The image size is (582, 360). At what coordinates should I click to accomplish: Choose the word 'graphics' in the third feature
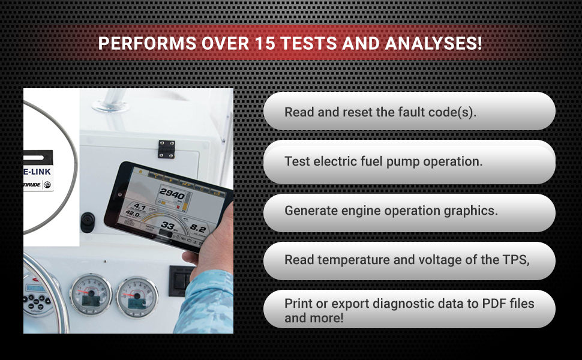(470, 211)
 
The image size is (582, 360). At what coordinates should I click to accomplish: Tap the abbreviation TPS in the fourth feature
(517, 260)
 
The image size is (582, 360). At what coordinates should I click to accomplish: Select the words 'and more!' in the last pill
(314, 318)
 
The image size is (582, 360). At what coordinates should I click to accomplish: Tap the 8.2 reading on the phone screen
(198, 229)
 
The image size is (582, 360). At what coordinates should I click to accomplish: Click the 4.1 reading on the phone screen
(140, 208)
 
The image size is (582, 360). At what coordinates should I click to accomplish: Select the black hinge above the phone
(166, 148)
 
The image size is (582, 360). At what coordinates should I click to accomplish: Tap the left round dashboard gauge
(91, 293)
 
